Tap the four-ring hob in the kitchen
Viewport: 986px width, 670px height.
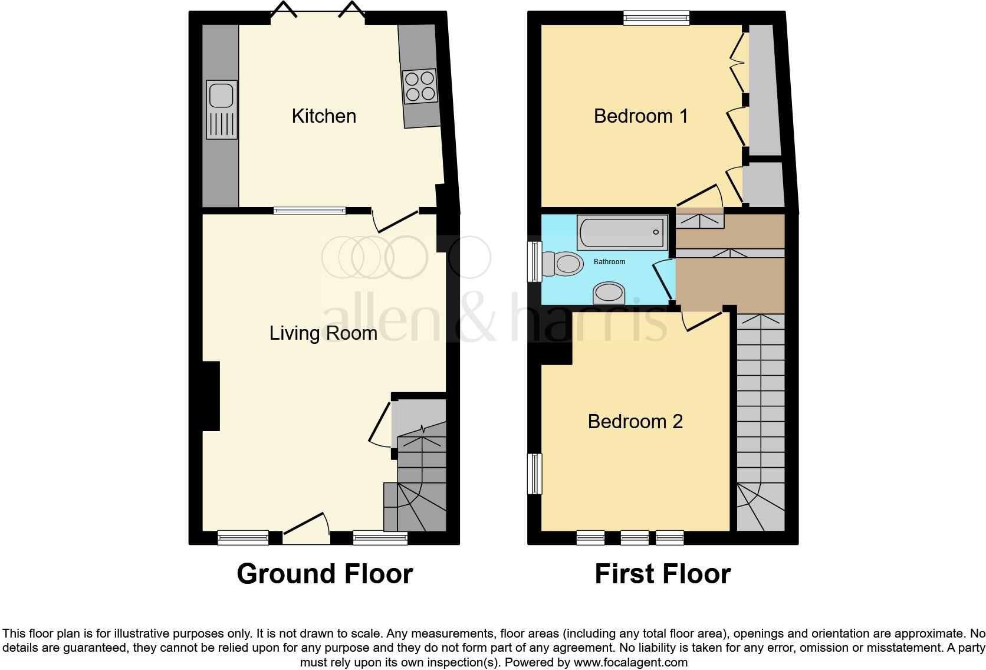pyautogui.click(x=420, y=86)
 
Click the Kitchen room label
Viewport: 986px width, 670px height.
pyautogui.click(x=324, y=116)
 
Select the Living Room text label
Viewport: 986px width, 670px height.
pyautogui.click(x=323, y=333)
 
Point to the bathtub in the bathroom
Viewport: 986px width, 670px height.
pyautogui.click(x=623, y=232)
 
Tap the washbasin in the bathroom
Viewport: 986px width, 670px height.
pyautogui.click(x=609, y=293)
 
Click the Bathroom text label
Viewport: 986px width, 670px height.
pyautogui.click(x=609, y=261)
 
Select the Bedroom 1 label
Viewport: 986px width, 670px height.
pyautogui.click(x=640, y=116)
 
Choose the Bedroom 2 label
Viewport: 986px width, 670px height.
pyautogui.click(x=635, y=422)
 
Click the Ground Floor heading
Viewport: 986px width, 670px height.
pyautogui.click(x=324, y=574)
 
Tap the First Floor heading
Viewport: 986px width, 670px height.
pyautogui.click(x=662, y=574)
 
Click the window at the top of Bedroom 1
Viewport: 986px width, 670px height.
pyautogui.click(x=656, y=18)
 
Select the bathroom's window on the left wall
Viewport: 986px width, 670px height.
pyautogui.click(x=535, y=261)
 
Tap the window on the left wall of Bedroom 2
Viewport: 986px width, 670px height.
pyautogui.click(x=534, y=474)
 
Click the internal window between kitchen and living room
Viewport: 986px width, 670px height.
pyautogui.click(x=310, y=210)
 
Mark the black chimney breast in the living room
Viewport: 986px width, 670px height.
pyautogui.click(x=211, y=396)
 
